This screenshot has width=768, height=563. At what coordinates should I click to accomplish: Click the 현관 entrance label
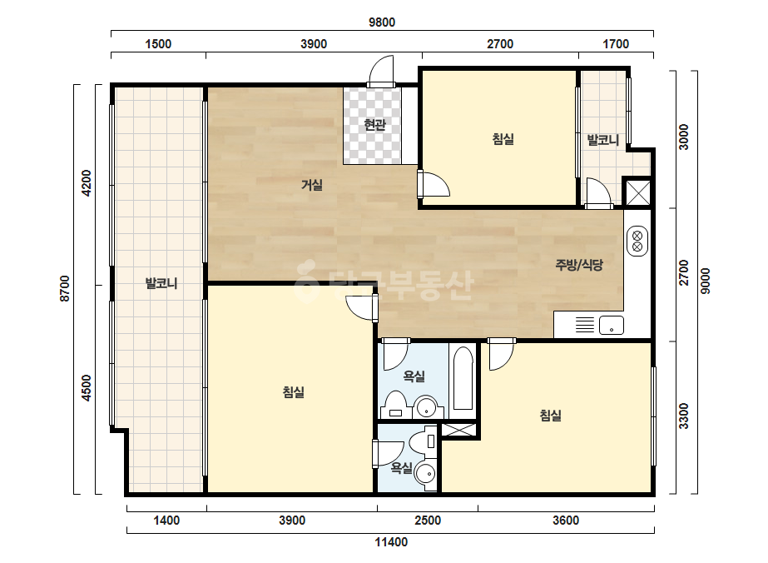(x=374, y=125)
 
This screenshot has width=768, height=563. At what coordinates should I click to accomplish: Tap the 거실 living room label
(x=311, y=185)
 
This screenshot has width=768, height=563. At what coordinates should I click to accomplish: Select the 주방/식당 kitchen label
(x=579, y=265)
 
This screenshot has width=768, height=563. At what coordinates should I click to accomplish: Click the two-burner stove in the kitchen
(x=637, y=241)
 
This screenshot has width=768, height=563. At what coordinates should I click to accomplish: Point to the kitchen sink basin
(x=612, y=325)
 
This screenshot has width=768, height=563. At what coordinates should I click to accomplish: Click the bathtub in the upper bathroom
(x=463, y=377)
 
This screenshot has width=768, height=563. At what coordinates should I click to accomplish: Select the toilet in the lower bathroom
(x=422, y=441)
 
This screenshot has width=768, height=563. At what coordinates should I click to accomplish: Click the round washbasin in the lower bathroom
(x=425, y=475)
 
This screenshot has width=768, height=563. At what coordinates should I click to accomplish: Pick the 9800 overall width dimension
(x=382, y=22)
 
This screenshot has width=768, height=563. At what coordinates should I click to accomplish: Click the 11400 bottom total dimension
(x=391, y=542)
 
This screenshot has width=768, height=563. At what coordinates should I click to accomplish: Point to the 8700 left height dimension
(x=65, y=289)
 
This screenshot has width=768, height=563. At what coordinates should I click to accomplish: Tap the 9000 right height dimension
(x=705, y=281)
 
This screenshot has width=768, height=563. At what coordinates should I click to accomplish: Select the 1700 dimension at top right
(x=615, y=44)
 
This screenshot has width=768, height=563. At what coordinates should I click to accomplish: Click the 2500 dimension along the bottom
(x=428, y=521)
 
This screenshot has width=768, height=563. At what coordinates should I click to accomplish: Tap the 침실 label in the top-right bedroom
(x=503, y=139)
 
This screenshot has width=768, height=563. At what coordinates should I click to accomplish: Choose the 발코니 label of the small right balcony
(x=603, y=140)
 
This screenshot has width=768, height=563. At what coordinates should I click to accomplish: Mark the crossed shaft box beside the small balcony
(x=638, y=192)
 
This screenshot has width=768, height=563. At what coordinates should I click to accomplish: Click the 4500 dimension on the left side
(x=87, y=388)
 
